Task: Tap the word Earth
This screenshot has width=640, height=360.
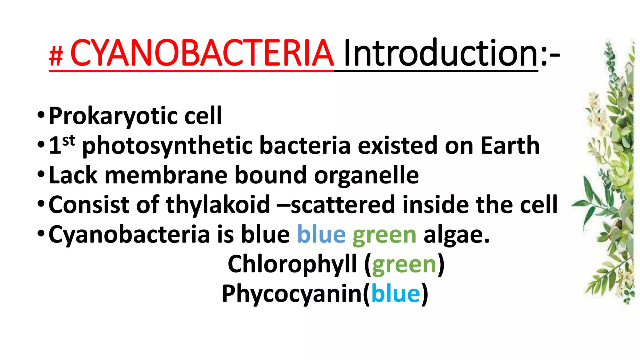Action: [x=510, y=146]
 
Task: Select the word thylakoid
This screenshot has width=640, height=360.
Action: [x=218, y=205]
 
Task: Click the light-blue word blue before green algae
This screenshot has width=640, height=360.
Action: [x=321, y=234]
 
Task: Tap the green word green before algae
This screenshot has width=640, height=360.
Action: [x=384, y=235]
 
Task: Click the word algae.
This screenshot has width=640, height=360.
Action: [x=456, y=235]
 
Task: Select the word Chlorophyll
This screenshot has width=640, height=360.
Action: [x=292, y=264]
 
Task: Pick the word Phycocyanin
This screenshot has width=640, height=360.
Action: [x=292, y=294]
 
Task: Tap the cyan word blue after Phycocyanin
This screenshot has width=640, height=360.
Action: [x=396, y=294]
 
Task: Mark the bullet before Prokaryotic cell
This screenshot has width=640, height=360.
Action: [x=41, y=115]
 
